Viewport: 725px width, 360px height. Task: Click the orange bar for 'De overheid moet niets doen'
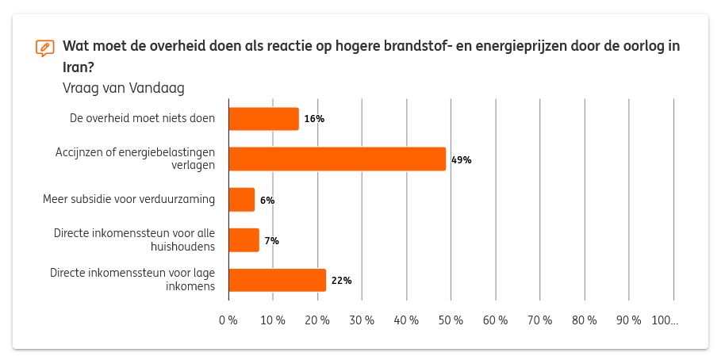263,119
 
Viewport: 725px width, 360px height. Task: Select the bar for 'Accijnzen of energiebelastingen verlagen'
337,159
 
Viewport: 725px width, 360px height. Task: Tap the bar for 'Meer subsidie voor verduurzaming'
242,200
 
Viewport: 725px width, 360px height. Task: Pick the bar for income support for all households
244,240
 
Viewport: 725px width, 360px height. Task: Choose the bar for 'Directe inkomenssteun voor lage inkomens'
278,280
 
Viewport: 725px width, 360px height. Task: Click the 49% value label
461,160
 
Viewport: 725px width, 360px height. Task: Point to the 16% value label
314,119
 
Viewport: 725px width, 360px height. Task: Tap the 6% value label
267,201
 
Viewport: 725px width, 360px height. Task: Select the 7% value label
271,241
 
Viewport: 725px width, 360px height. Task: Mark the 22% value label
341,281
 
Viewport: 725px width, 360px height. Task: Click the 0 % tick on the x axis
228,320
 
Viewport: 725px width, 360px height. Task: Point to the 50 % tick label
451,320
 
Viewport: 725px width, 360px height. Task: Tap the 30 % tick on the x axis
362,320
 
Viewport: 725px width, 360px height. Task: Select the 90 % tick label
629,320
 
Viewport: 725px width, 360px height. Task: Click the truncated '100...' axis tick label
665,320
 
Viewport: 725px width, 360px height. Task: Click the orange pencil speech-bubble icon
45,48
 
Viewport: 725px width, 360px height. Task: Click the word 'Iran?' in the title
79,67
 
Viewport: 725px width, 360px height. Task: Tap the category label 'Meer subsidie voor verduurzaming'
129,199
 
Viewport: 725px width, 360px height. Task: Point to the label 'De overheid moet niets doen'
142,119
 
